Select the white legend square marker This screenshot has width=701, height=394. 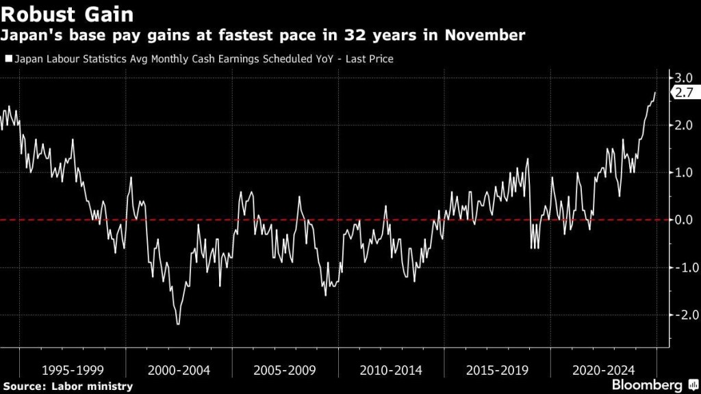[x=8, y=59]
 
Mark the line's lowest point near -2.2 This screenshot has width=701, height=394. [x=178, y=324]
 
